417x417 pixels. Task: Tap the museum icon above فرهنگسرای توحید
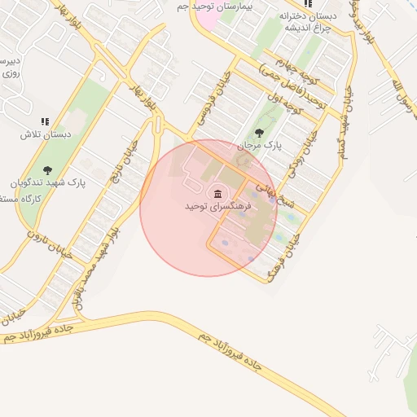click(x=217, y=193)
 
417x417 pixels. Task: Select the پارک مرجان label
click(x=259, y=145)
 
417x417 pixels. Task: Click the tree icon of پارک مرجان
click(x=259, y=132)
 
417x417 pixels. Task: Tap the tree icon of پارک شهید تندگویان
click(x=47, y=170)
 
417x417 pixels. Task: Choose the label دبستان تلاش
click(x=46, y=134)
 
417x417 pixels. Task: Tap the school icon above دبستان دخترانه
click(x=308, y=4)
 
